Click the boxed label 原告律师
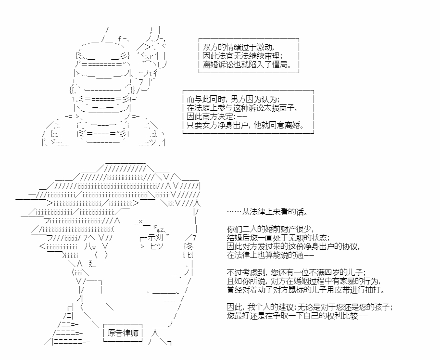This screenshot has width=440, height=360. click(x=123, y=333)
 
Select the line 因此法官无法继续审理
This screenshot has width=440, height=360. click(x=242, y=56)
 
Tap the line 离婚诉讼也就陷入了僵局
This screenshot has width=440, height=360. click(x=247, y=64)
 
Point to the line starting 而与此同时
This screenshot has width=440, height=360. click(x=233, y=99)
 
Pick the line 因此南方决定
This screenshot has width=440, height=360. click(x=217, y=116)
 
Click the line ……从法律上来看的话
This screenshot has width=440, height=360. click(x=267, y=212)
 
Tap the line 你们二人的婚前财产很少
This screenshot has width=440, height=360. click(x=270, y=229)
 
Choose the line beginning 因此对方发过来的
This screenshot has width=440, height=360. click(x=293, y=246)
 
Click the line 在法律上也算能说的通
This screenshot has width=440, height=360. click(x=270, y=255)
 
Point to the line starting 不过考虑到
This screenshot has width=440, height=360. click(x=296, y=272)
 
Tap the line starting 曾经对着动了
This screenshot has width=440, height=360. click(x=306, y=290)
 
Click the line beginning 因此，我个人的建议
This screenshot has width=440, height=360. click(x=310, y=307)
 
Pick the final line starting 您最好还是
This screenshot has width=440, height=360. click(x=297, y=316)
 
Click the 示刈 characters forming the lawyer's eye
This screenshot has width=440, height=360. click(x=155, y=238)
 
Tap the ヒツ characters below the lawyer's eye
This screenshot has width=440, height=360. click(x=157, y=246)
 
